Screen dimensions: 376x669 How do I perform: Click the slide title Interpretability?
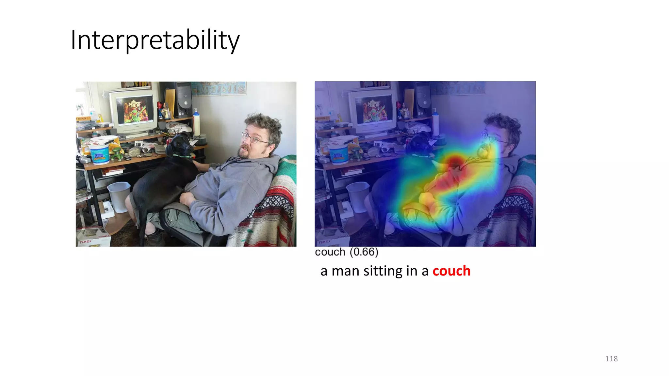[155, 40]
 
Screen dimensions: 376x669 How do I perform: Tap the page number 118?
[611, 359]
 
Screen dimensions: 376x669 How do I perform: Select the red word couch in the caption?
[451, 271]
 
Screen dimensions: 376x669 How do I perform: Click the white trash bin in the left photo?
[119, 196]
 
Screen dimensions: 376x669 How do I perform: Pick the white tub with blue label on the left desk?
[99, 153]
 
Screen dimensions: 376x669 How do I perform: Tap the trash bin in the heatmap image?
[358, 196]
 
